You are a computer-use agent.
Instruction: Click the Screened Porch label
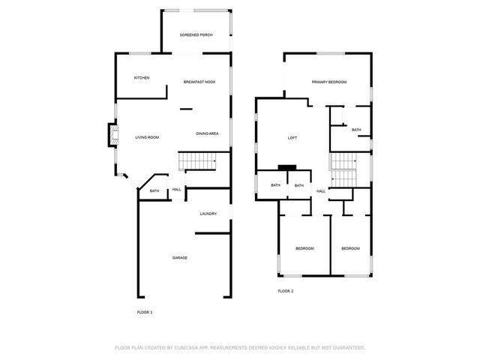tap(196, 35)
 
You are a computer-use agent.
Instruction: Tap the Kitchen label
tap(142, 78)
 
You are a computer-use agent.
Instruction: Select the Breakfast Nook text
tap(199, 81)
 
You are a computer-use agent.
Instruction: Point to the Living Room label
tap(147, 137)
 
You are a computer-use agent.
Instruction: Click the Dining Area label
tap(207, 133)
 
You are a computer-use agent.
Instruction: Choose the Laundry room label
tap(208, 214)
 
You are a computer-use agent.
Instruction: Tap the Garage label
tap(180, 257)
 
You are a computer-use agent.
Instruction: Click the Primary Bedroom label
tap(329, 81)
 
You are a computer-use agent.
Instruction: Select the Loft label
tap(293, 138)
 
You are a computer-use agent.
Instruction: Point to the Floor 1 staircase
tap(196, 160)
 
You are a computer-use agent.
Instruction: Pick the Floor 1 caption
tap(145, 311)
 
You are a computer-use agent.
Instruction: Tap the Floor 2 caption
tap(286, 291)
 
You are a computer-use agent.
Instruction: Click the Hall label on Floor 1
tap(177, 189)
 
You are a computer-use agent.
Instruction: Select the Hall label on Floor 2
tap(321, 191)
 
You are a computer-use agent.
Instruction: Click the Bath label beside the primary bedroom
tap(356, 130)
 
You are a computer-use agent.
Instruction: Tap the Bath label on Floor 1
tap(154, 191)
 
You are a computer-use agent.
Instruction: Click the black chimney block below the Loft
tap(287, 167)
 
